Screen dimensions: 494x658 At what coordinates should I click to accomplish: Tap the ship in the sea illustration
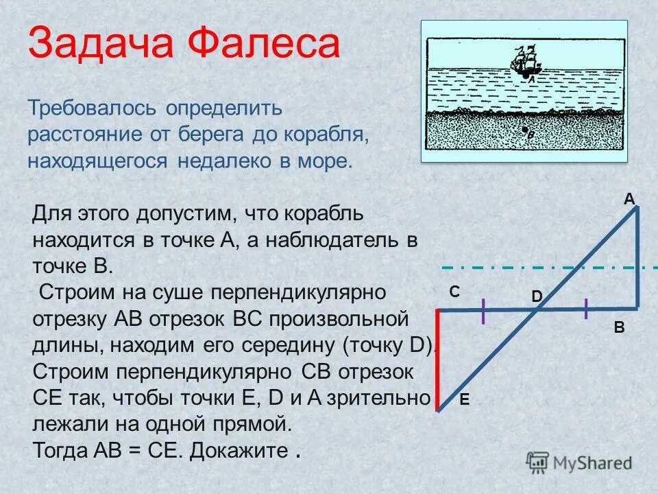[524, 62]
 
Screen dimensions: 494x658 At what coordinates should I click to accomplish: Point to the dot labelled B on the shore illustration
[524, 130]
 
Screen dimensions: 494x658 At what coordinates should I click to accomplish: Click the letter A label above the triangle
[629, 199]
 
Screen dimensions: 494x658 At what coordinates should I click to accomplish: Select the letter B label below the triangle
[619, 328]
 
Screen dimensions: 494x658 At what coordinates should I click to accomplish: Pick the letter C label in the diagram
[454, 292]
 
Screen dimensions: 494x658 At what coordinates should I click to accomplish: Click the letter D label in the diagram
[537, 296]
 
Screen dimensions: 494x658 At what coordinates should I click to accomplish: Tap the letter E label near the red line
[464, 400]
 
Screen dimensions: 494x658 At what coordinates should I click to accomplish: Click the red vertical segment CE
[438, 360]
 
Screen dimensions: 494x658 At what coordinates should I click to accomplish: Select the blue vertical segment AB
[637, 257]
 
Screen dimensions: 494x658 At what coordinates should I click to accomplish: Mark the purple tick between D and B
[587, 309]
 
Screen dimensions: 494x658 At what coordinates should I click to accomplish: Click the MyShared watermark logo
[579, 462]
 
